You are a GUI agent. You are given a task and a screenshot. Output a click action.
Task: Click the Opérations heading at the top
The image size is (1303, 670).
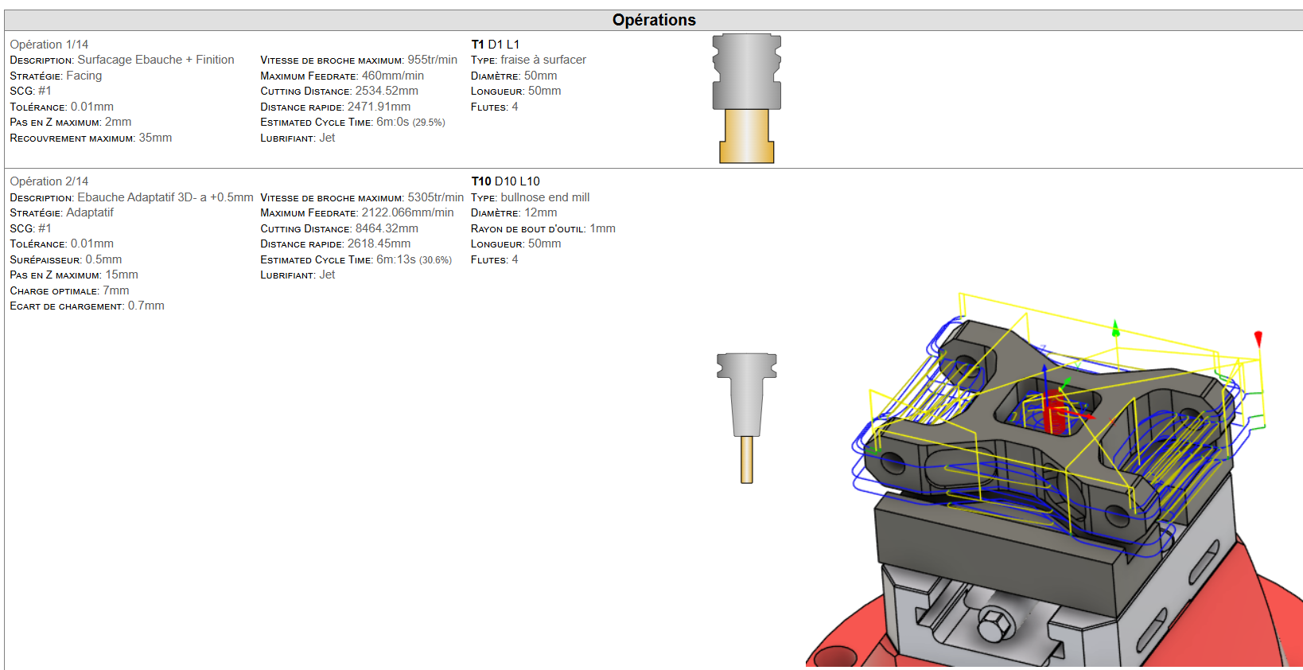tap(653, 20)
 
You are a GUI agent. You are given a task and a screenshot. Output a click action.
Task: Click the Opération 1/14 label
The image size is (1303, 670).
tap(49, 45)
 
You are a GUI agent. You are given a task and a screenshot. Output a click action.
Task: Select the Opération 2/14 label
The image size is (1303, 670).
tap(49, 181)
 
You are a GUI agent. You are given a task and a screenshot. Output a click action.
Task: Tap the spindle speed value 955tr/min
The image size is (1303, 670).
tap(432, 60)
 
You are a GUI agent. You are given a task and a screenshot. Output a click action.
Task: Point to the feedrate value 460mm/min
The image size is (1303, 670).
tap(392, 76)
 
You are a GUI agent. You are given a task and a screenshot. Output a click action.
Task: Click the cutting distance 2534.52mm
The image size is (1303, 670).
tap(387, 91)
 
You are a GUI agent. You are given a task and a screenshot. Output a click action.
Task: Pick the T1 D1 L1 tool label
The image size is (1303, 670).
tap(495, 45)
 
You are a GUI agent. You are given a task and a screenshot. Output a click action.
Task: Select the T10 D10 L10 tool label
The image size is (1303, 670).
tap(505, 181)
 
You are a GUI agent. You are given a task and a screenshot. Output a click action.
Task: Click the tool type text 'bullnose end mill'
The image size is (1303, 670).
tap(545, 197)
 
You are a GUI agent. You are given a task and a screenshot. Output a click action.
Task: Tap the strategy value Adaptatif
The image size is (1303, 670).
tap(90, 212)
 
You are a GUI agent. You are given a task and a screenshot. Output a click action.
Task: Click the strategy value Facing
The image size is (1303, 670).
tap(84, 76)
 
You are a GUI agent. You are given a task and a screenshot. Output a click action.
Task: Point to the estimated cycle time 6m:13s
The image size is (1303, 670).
tap(395, 259)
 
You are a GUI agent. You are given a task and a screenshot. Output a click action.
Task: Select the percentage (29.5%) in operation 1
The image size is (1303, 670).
tap(429, 123)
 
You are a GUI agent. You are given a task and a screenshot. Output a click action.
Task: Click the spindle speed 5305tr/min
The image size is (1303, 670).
tap(435, 197)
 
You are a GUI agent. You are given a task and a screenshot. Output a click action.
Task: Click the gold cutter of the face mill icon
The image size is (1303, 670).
tap(746, 137)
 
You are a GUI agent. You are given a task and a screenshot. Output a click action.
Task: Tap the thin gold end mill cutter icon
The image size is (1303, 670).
tap(746, 459)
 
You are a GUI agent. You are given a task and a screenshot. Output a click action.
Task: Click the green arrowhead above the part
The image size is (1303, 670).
tap(1115, 328)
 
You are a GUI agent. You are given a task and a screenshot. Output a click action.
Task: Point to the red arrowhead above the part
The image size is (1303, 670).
tap(1258, 339)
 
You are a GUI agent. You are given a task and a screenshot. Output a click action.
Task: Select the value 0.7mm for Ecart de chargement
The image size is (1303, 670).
tap(146, 306)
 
